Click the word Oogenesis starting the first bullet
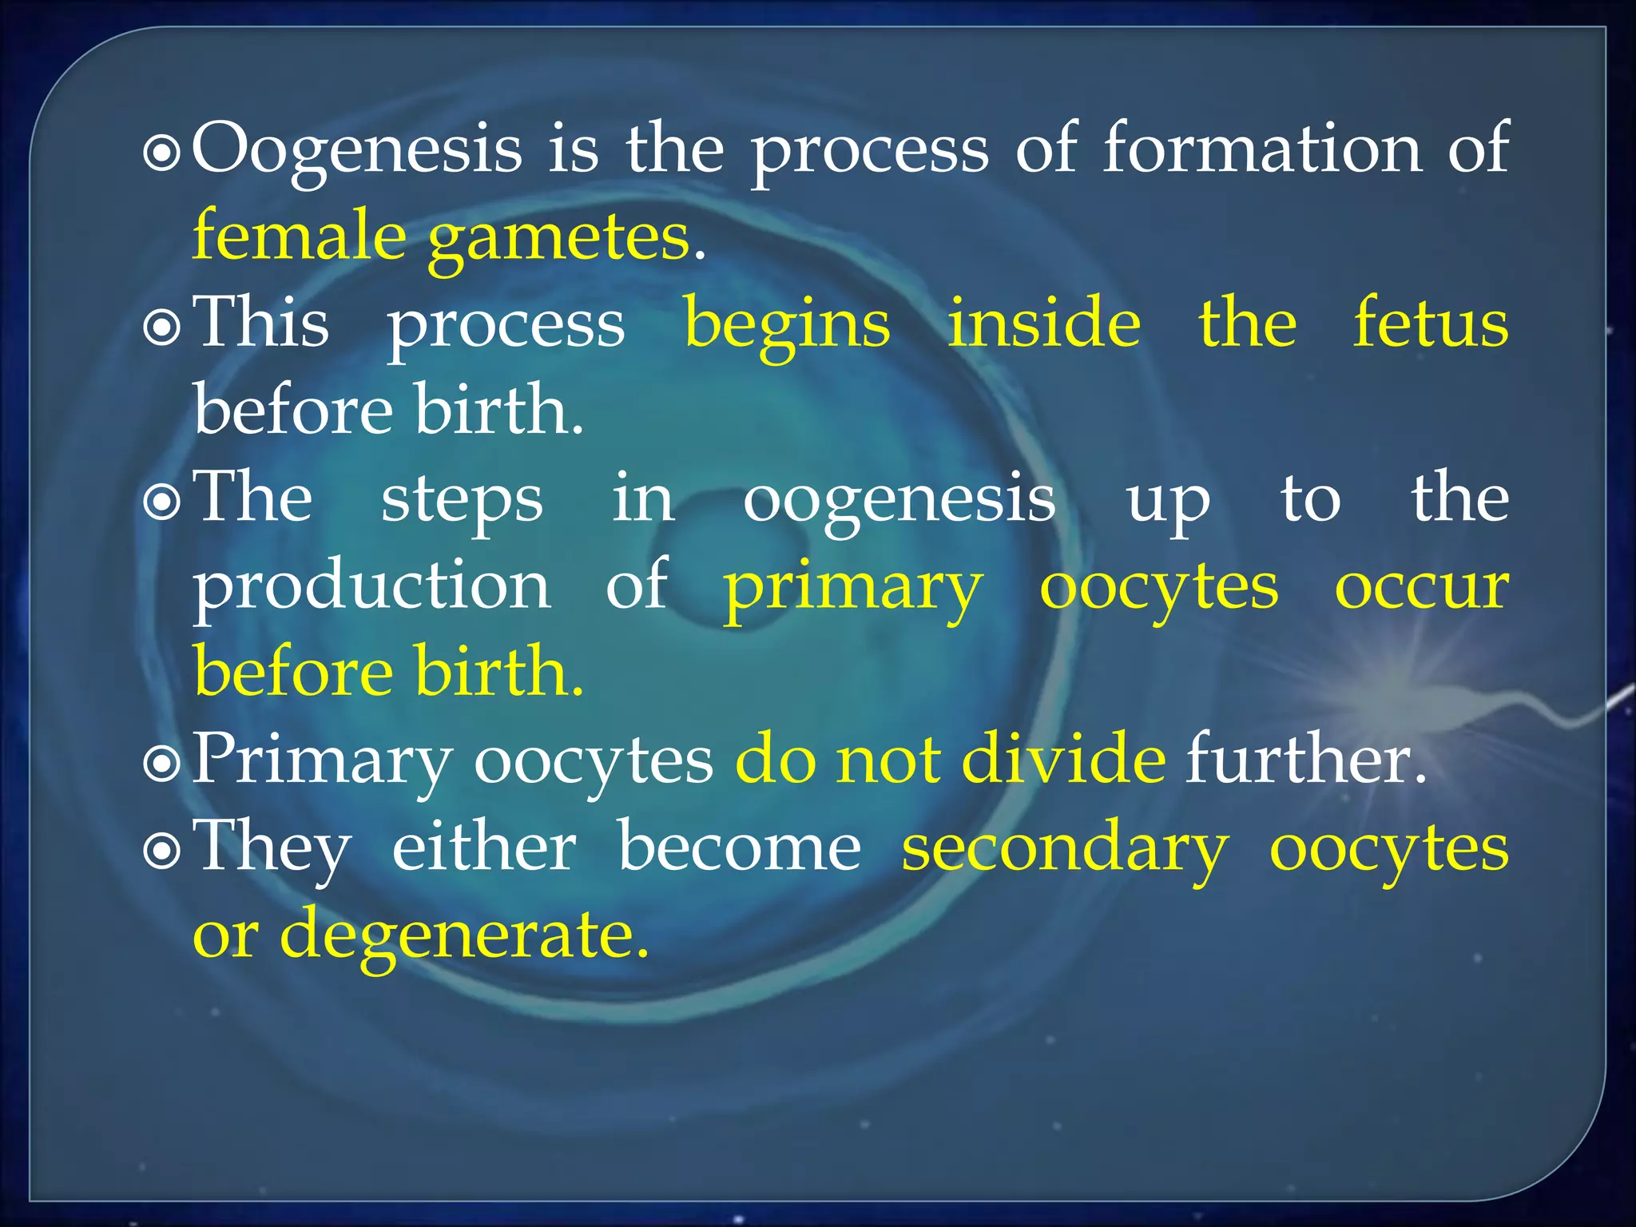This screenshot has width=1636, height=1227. pos(357,149)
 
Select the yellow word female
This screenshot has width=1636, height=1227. pos(300,236)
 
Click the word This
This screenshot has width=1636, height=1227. pos(261,324)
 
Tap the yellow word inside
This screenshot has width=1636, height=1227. pos(1044,323)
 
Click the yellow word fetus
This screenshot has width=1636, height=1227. pos(1430,323)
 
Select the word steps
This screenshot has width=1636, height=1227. pos(462,500)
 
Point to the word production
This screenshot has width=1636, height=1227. pos(372,586)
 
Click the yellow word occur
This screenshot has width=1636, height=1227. pos(1422,586)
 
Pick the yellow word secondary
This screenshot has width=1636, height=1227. pos(1065,849)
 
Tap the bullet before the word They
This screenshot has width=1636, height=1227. pos(162,852)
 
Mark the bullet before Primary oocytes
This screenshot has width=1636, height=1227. pos(162,764)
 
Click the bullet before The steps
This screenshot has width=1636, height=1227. pos(162,502)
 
